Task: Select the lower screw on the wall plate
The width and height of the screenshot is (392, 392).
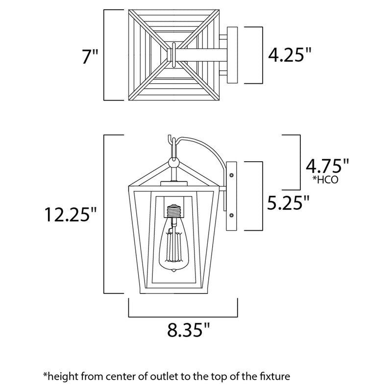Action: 231,213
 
